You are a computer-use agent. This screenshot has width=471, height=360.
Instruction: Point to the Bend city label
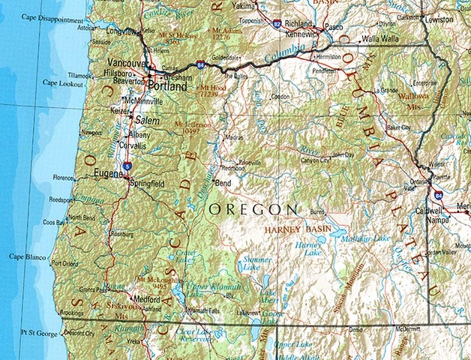(223, 182)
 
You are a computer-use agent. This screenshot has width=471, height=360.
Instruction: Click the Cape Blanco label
(26, 256)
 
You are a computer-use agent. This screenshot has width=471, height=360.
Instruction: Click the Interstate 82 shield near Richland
(277, 24)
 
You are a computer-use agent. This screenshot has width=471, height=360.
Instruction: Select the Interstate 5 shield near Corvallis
(128, 165)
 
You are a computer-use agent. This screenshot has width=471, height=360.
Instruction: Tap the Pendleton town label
(325, 70)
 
